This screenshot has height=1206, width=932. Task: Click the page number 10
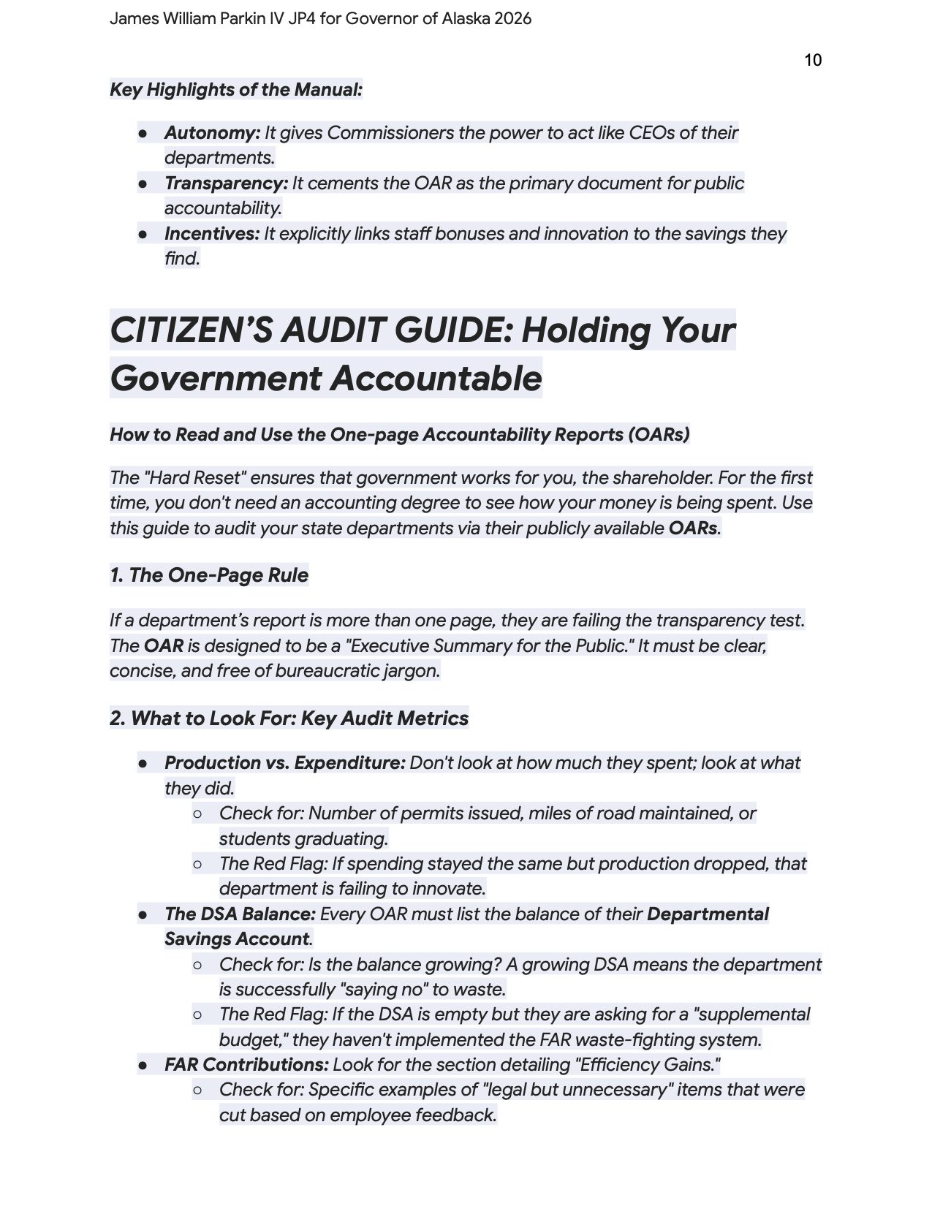point(812,60)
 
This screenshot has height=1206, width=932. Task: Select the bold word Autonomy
point(212,133)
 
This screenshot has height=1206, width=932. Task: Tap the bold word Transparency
point(226,183)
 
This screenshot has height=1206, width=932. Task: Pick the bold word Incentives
point(211,234)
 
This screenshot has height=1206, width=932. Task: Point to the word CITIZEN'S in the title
point(191,330)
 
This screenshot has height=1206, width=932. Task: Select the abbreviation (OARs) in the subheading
point(658,435)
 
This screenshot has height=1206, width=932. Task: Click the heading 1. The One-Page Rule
point(209,575)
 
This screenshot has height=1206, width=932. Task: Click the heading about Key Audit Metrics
point(289,718)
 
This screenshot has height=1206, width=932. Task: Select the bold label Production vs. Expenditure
point(284,763)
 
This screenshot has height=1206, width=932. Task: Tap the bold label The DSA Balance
point(240,914)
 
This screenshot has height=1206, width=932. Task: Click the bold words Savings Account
point(237,939)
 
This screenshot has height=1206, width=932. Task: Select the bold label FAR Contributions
point(246,1065)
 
